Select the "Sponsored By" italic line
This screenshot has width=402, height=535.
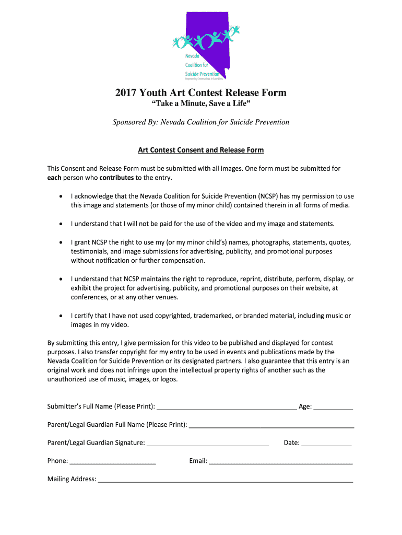[x=201, y=122]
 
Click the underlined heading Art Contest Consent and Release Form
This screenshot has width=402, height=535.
[x=201, y=150]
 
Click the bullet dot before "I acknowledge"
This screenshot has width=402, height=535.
[x=61, y=196]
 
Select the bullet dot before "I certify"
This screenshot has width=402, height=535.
[x=61, y=316]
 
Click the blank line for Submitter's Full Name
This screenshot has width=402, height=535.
[x=227, y=408]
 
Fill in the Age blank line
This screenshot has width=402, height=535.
[x=333, y=408]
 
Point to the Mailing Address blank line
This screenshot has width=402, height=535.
[x=226, y=480]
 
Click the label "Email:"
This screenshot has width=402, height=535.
[x=198, y=461]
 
